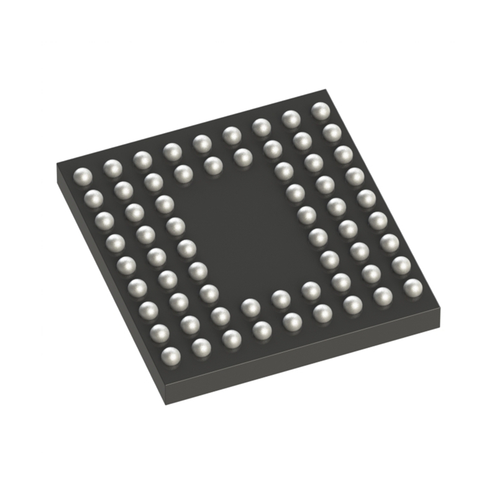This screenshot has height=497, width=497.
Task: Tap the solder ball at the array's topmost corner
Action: click(x=321, y=111)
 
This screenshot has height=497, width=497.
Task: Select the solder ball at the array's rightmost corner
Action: click(x=413, y=287)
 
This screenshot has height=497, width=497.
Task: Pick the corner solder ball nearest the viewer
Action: click(x=170, y=355)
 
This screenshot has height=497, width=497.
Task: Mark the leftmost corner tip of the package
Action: click(x=57, y=164)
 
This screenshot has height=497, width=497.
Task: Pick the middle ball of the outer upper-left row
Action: click(x=201, y=144)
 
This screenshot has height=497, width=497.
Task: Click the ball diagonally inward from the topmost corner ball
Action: click(x=302, y=141)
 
